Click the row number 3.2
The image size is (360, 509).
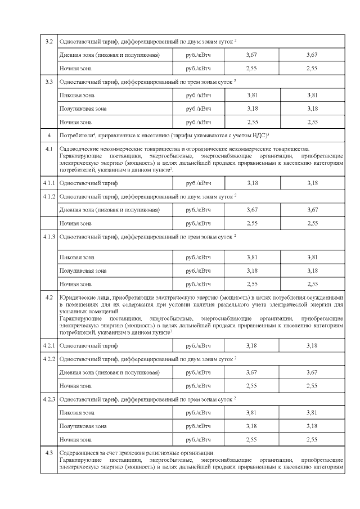(x=49, y=42)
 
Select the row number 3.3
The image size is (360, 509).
(x=49, y=82)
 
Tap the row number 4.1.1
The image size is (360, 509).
(x=49, y=183)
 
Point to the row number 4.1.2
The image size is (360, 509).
(x=49, y=196)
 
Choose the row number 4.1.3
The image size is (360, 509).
(x=49, y=237)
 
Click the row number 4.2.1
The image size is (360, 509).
(x=49, y=345)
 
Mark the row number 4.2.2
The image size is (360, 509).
(x=49, y=358)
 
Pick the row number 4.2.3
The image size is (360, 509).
(x=49, y=399)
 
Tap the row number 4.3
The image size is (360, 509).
(x=49, y=453)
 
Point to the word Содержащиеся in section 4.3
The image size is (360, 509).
(x=76, y=453)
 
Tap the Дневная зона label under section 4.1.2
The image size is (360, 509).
(x=76, y=210)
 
